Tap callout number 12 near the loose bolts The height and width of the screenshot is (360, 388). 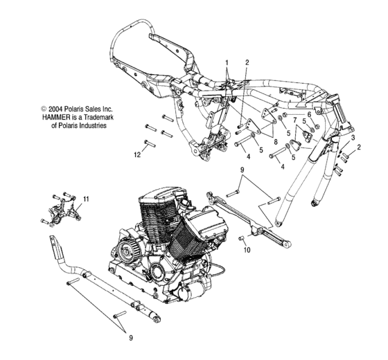pyautogui.click(x=137, y=155)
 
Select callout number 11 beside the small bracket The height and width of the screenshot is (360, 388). pyautogui.click(x=86, y=199)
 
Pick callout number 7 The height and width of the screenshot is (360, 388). pyautogui.click(x=294, y=120)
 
